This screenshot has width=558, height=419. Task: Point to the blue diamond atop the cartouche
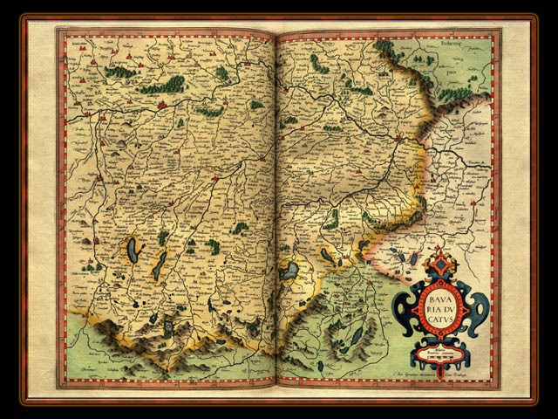coord(441,263)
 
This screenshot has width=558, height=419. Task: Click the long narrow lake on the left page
coord(159,264)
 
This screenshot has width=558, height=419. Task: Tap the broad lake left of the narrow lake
coord(132,251)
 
